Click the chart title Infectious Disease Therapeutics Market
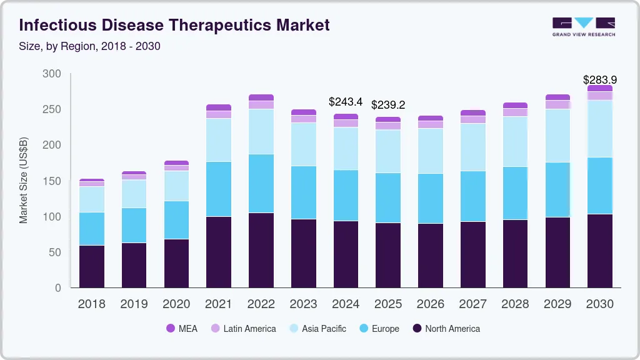tap(174, 26)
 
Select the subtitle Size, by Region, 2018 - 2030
tap(90, 46)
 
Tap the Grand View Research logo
tap(583, 26)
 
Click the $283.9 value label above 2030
tap(600, 80)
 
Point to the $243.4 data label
tap(346, 102)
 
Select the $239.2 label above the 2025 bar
tap(388, 105)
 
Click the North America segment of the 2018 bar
tap(92, 266)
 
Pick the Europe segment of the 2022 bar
tap(261, 183)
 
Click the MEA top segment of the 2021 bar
tap(219, 107)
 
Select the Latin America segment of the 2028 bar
tap(515, 112)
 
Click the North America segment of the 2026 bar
tap(431, 255)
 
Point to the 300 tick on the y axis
tap(52, 74)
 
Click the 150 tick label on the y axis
tap(52, 181)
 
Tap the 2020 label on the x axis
tap(176, 304)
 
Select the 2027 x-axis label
tap(472, 304)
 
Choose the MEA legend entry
tap(182, 329)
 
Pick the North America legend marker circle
tap(417, 329)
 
